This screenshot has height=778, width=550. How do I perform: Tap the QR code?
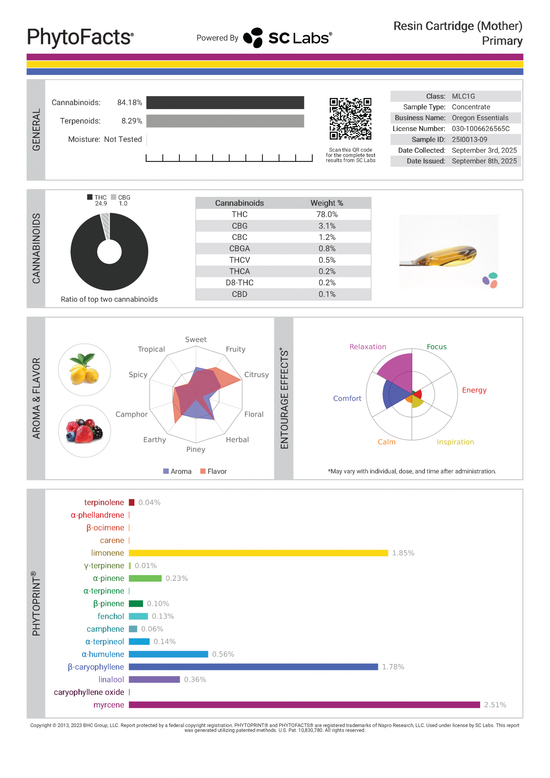point(350,119)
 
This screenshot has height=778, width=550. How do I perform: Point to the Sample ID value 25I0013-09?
point(469,139)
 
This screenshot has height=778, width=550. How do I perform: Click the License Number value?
point(480,129)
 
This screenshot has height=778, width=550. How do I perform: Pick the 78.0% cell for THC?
point(327,215)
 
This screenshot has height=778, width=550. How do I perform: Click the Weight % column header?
point(327,203)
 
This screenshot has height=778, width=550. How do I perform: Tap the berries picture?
point(85,431)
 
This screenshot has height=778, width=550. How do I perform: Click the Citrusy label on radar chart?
point(256,374)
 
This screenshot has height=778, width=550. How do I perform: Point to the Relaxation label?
point(368,347)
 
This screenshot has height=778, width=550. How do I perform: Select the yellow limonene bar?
point(258,553)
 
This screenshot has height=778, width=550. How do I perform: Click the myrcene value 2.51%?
point(495,705)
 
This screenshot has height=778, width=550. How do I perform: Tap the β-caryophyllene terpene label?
point(96,667)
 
